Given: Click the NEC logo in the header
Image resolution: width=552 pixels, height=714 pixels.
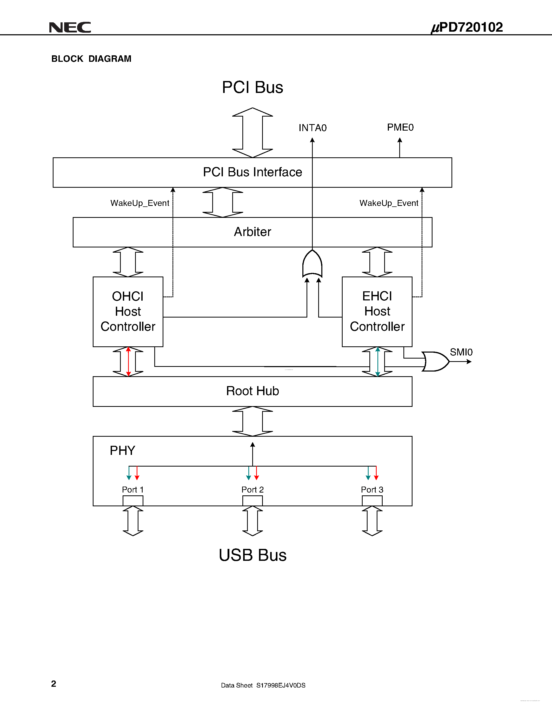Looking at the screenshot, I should [70, 28].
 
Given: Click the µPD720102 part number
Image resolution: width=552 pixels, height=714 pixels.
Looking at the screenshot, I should [467, 28].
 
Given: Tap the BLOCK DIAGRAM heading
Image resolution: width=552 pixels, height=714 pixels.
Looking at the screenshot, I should [91, 59].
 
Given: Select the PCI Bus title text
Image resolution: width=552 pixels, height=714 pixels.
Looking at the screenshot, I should [252, 87].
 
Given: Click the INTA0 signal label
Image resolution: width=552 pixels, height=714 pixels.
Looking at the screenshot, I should [312, 128].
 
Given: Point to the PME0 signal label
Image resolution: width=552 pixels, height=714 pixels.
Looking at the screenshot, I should [400, 127].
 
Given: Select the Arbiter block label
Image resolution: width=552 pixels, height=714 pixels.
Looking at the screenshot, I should [252, 232].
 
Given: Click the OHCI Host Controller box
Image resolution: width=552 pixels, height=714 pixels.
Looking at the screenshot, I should [128, 312].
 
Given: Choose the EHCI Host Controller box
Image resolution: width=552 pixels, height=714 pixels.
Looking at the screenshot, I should [377, 312].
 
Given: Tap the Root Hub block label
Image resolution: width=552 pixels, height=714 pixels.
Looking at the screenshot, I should [252, 391].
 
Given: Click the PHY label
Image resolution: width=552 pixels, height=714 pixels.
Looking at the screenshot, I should [122, 450].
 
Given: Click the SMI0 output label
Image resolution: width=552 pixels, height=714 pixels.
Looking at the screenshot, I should [461, 352].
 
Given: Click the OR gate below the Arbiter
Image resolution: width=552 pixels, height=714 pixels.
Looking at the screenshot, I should [312, 264].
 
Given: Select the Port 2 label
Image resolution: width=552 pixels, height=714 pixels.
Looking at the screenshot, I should [252, 489].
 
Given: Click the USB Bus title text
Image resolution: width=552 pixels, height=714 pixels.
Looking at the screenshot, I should [252, 555].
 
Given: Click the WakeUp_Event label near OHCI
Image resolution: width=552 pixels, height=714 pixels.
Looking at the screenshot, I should [140, 203].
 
